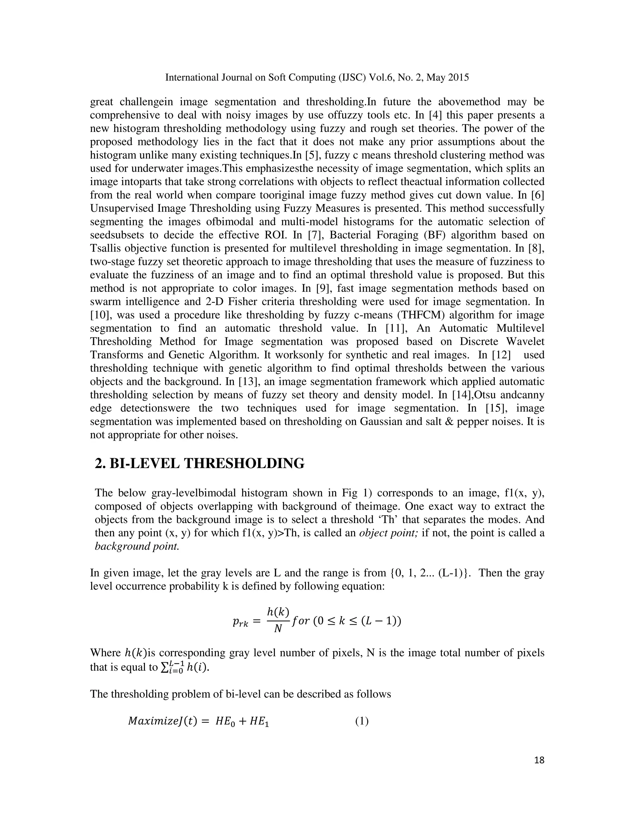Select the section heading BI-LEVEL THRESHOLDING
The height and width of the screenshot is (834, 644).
pyautogui.click(x=200, y=464)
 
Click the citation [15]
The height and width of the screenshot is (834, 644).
pyautogui.click(x=497, y=408)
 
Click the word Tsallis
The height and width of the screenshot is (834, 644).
pyautogui.click(x=105, y=248)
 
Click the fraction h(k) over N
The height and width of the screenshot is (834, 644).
pyautogui.click(x=278, y=621)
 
